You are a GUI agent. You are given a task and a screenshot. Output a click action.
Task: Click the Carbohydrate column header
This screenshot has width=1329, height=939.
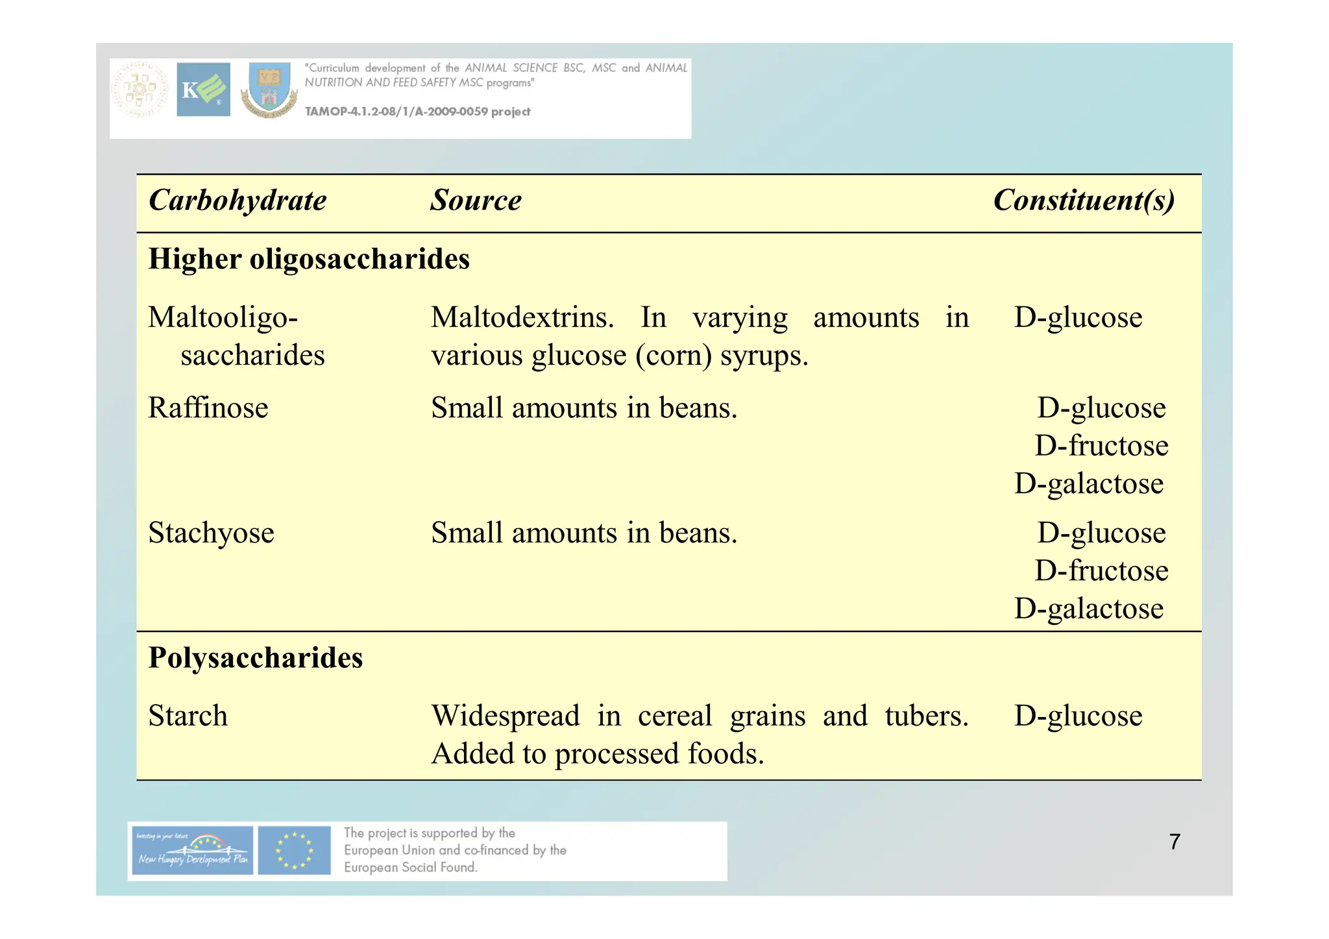pyautogui.click(x=238, y=201)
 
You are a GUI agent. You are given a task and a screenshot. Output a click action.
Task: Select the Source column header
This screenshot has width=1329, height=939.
pyautogui.click(x=476, y=201)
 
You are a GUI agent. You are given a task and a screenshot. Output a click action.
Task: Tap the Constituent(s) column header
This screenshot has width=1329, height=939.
pyautogui.click(x=1083, y=201)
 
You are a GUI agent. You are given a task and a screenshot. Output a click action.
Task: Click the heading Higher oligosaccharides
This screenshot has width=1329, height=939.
pyautogui.click(x=309, y=259)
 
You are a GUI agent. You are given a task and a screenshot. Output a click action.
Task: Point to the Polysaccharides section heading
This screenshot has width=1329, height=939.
pyautogui.click(x=255, y=658)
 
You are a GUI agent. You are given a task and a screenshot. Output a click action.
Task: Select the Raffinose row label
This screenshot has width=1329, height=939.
pyautogui.click(x=208, y=408)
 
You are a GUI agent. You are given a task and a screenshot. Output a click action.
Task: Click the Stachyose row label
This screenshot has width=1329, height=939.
pyautogui.click(x=211, y=533)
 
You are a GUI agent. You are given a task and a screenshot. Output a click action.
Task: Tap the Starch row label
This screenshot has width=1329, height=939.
pyautogui.click(x=188, y=716)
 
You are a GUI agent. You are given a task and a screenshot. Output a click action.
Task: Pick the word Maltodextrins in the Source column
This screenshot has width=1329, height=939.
pyautogui.click(x=522, y=318)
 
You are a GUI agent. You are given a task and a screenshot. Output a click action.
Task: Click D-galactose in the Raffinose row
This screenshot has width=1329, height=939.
pyautogui.click(x=1088, y=484)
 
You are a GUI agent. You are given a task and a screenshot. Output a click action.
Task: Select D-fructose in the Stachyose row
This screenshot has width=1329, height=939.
pyautogui.click(x=1101, y=571)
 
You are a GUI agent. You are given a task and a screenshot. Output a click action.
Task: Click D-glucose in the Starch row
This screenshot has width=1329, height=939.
pyautogui.click(x=1077, y=716)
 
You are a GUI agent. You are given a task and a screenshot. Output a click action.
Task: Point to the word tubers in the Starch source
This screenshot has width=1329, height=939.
pyautogui.click(x=926, y=716)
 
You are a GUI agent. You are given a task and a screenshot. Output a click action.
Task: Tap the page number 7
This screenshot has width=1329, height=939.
pyautogui.click(x=1174, y=842)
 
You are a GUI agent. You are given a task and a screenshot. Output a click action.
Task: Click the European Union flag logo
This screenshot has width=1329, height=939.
pyautogui.click(x=294, y=850)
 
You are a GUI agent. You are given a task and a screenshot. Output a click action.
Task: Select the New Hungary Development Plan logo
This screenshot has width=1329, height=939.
pyautogui.click(x=191, y=850)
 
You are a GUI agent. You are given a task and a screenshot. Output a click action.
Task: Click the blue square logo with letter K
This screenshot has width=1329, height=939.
pyautogui.click(x=203, y=90)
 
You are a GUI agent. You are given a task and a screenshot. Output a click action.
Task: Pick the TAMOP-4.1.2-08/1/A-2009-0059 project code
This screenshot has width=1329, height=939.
pyautogui.click(x=417, y=112)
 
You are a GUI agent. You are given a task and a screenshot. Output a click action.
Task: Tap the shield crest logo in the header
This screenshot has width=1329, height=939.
pyautogui.click(x=269, y=90)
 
